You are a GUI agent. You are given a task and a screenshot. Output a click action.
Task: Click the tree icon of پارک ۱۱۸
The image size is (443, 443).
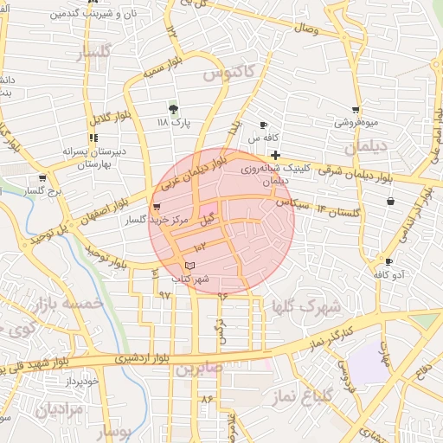[174, 109]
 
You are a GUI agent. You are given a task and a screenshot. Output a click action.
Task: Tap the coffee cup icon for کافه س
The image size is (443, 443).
[264, 125]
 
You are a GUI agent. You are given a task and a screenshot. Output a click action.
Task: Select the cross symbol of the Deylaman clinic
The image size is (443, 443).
[274, 155]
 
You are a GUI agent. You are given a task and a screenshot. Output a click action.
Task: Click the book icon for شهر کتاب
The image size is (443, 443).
[190, 264]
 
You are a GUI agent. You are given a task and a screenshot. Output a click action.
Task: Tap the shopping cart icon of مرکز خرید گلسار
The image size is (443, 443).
[157, 207]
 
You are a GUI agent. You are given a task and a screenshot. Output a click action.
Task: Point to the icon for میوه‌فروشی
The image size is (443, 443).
[356, 110]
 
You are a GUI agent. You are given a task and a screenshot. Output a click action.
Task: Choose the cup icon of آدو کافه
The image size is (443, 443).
[388, 261]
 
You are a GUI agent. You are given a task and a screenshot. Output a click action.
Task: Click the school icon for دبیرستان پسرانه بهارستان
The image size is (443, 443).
[93, 138]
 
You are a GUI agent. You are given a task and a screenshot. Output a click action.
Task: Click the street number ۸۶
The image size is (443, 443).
[206, 399]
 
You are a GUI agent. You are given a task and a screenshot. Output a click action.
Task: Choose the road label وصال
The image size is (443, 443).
[307, 31]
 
